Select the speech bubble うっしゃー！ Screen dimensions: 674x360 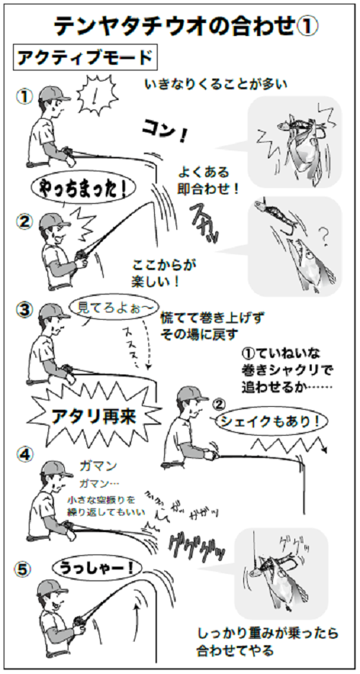point(92,568)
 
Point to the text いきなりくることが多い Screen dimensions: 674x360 point(216,85)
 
